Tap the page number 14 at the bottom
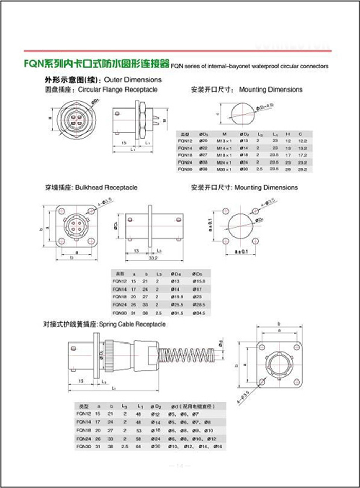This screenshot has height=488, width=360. (179, 466)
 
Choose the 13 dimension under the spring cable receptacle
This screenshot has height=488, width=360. (82, 381)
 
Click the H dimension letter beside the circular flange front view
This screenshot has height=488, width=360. (50, 118)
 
